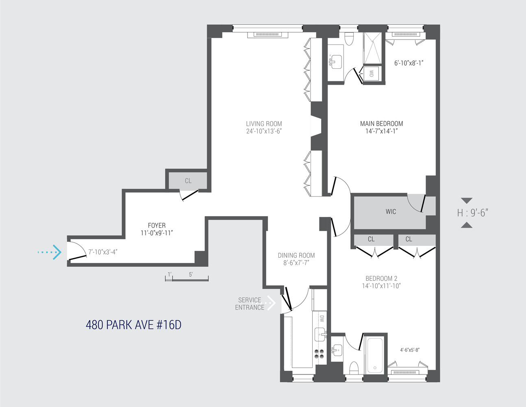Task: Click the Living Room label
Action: point(264,124)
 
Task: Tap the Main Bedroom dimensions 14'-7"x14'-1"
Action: point(381,131)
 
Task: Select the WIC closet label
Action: point(391,212)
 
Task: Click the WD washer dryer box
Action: point(371,74)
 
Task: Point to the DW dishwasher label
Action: point(322,319)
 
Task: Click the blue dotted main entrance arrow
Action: point(50,252)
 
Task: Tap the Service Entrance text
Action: point(250,304)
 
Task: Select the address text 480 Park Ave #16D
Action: point(133,325)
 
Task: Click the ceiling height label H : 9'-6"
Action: point(472,213)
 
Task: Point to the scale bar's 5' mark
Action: point(191,275)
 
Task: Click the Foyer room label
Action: point(156,225)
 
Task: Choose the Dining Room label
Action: point(296,256)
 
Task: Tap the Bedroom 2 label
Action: point(381,279)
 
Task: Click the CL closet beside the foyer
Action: point(188,181)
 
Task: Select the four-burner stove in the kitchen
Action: point(319,354)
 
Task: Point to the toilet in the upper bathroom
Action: point(349,39)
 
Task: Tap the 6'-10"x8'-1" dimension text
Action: point(409,63)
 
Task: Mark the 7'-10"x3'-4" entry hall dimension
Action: point(103,252)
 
